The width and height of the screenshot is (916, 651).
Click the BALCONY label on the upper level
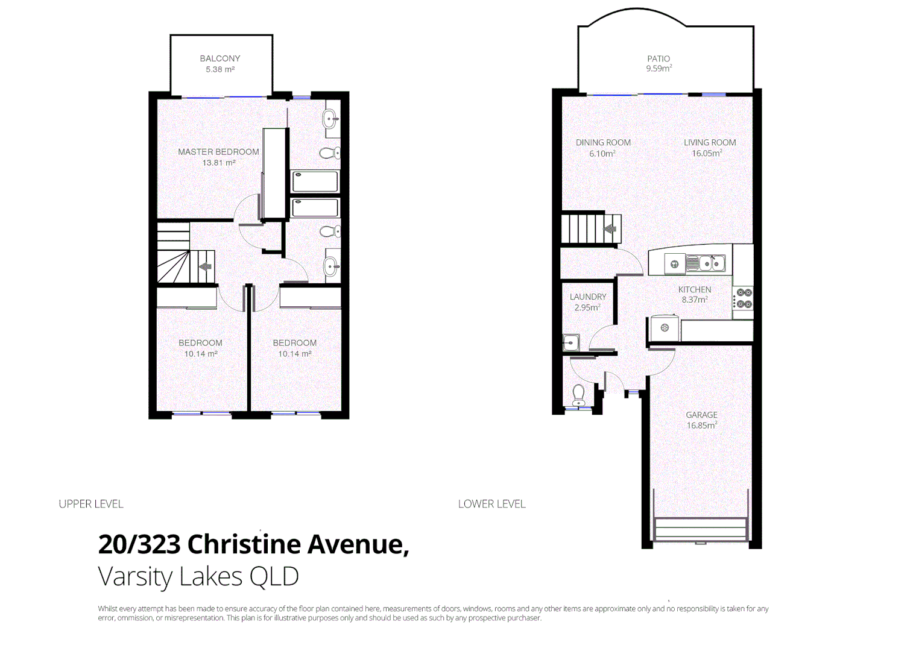click(220, 58)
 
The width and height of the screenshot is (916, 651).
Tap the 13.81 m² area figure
click(218, 163)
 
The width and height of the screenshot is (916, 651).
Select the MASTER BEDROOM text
click(218, 152)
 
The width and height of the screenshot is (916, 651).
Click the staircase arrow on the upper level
click(206, 267)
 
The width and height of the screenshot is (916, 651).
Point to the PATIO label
click(659, 58)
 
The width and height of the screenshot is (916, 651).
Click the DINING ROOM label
click(603, 143)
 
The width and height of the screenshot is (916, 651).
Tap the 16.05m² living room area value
click(707, 154)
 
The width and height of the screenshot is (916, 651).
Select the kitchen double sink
click(706, 263)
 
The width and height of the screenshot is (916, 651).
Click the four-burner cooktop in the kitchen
click(744, 298)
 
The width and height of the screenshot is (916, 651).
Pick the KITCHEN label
click(695, 289)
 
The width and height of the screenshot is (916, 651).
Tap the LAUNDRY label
click(588, 297)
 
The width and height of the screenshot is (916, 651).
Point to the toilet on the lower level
click(578, 395)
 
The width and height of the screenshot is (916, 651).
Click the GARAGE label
click(701, 415)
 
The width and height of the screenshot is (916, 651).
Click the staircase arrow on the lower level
click(610, 229)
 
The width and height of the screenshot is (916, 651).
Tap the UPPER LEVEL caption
click(91, 504)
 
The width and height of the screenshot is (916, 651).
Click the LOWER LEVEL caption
click(491, 504)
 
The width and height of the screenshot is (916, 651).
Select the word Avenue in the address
click(359, 544)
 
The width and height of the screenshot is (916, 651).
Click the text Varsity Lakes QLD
click(198, 576)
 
